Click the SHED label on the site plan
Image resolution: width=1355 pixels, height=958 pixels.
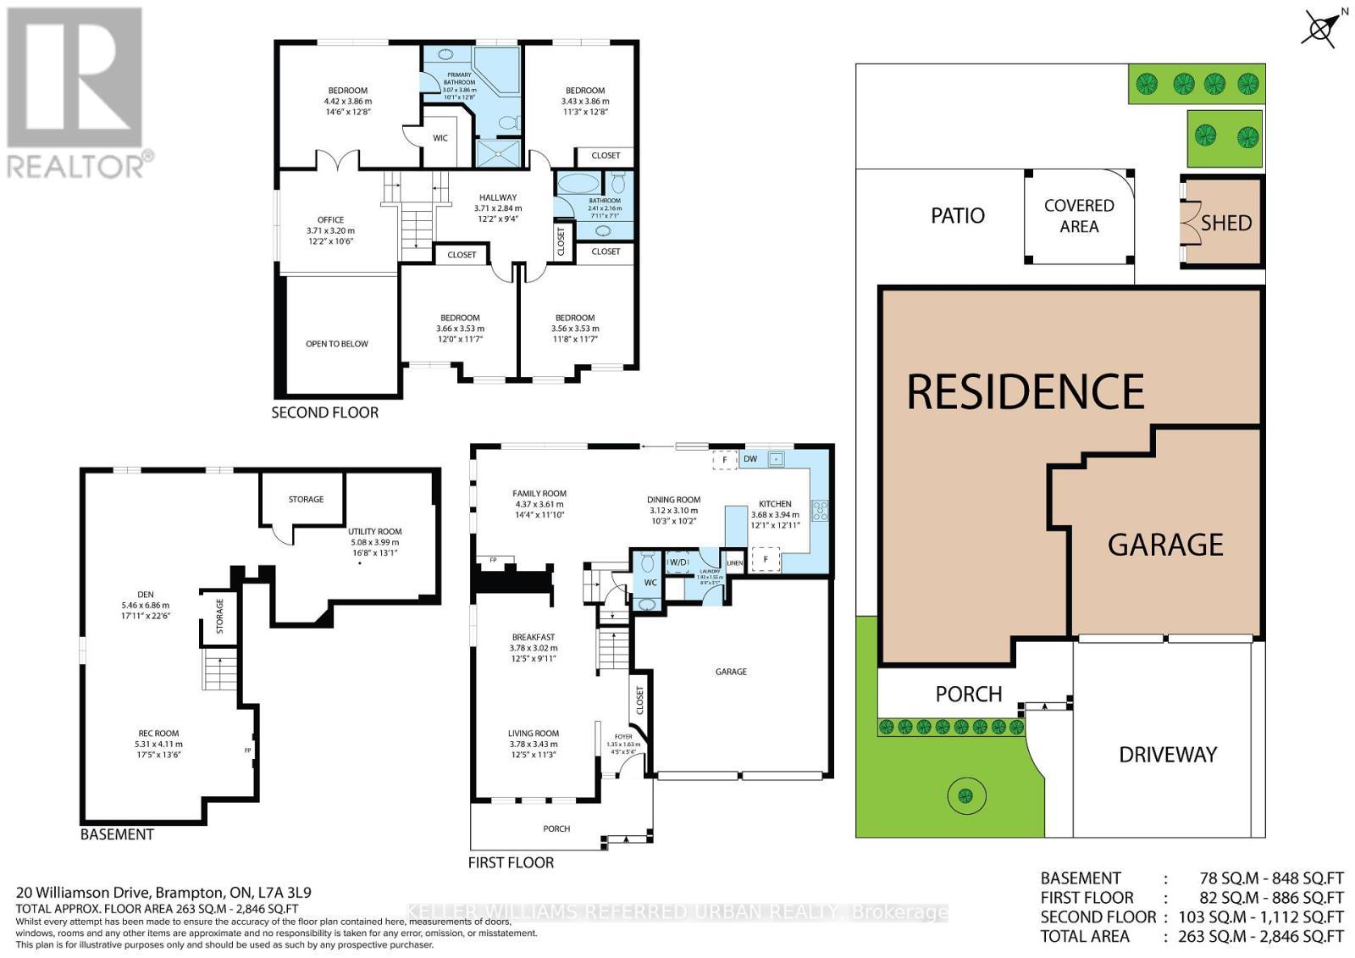pyautogui.click(x=1225, y=223)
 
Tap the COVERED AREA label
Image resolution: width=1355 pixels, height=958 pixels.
pyautogui.click(x=1078, y=216)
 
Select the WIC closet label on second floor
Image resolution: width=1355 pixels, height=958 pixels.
pyautogui.click(x=440, y=138)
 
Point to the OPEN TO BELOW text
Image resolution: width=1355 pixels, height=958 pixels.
pyautogui.click(x=337, y=344)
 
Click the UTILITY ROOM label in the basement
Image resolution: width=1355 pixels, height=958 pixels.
pyautogui.click(x=374, y=531)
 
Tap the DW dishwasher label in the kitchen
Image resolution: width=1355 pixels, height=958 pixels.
pyautogui.click(x=750, y=459)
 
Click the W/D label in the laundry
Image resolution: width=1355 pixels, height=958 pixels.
pyautogui.click(x=678, y=562)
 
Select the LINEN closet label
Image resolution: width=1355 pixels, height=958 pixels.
pyautogui.click(x=734, y=562)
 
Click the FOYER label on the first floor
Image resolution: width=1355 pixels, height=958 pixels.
pyautogui.click(x=624, y=737)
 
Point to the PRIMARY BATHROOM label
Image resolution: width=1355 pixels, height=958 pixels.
pyautogui.click(x=460, y=79)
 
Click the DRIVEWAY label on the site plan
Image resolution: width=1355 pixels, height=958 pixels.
pyautogui.click(x=1168, y=755)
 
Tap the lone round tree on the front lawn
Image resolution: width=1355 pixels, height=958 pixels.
pyautogui.click(x=965, y=795)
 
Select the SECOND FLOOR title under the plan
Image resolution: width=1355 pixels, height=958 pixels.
pyautogui.click(x=324, y=413)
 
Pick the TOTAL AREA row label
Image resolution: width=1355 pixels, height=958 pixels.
pyautogui.click(x=1084, y=936)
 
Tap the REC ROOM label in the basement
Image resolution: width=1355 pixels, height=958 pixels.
pyautogui.click(x=158, y=734)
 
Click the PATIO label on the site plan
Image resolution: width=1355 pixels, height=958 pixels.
pyautogui.click(x=958, y=216)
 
